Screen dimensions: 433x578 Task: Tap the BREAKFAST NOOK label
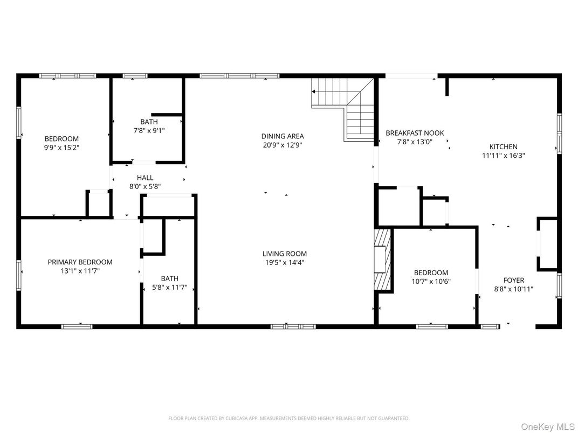click(415, 133)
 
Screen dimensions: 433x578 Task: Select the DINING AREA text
click(283, 136)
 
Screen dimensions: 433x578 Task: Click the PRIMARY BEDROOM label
click(80, 262)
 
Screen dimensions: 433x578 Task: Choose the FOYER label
click(513, 280)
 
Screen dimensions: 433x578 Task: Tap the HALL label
click(144, 178)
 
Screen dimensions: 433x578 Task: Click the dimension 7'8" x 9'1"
click(149, 130)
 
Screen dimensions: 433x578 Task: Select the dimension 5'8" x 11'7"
click(169, 287)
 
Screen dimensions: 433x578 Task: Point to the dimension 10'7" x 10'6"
click(431, 281)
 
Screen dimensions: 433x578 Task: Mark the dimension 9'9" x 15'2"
click(61, 147)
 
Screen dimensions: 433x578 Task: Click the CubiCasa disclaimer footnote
click(288, 418)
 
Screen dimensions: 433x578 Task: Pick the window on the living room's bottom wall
click(293, 326)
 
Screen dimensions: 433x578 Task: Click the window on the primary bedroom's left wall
click(19, 274)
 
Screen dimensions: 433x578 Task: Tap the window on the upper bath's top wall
click(135, 76)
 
